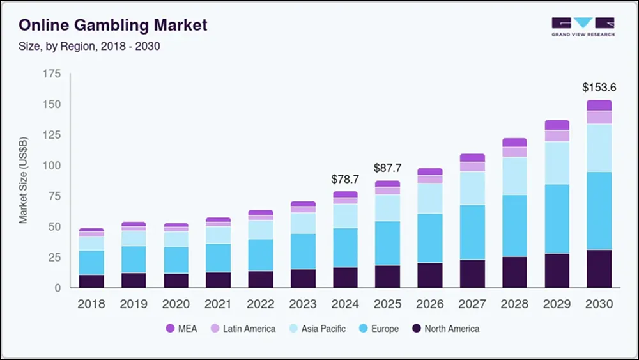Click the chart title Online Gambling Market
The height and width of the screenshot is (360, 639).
pyautogui.click(x=113, y=26)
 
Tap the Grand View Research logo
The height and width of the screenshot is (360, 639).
pyautogui.click(x=583, y=27)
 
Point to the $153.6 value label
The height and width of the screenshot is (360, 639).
pyautogui.click(x=599, y=87)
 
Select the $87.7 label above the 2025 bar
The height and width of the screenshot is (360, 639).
pyautogui.click(x=387, y=169)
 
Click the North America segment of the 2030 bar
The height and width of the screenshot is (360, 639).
pyautogui.click(x=599, y=269)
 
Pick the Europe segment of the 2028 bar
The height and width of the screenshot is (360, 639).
pyautogui.click(x=514, y=226)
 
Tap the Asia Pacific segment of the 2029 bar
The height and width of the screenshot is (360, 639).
pyautogui.click(x=557, y=163)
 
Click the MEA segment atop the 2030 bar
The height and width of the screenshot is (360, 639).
pyautogui.click(x=599, y=106)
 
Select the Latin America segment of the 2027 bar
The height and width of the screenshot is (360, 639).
pyautogui.click(x=472, y=167)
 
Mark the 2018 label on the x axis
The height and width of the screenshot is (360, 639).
pyautogui.click(x=91, y=304)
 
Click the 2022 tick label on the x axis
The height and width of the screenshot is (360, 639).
pyautogui.click(x=261, y=304)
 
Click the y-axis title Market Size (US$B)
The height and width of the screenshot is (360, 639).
pyautogui.click(x=23, y=180)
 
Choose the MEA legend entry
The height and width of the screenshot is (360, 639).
pyautogui.click(x=181, y=329)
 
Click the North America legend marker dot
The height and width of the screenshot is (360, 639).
pyautogui.click(x=416, y=329)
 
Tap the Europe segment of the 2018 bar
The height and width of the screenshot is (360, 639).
pyautogui.click(x=91, y=262)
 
